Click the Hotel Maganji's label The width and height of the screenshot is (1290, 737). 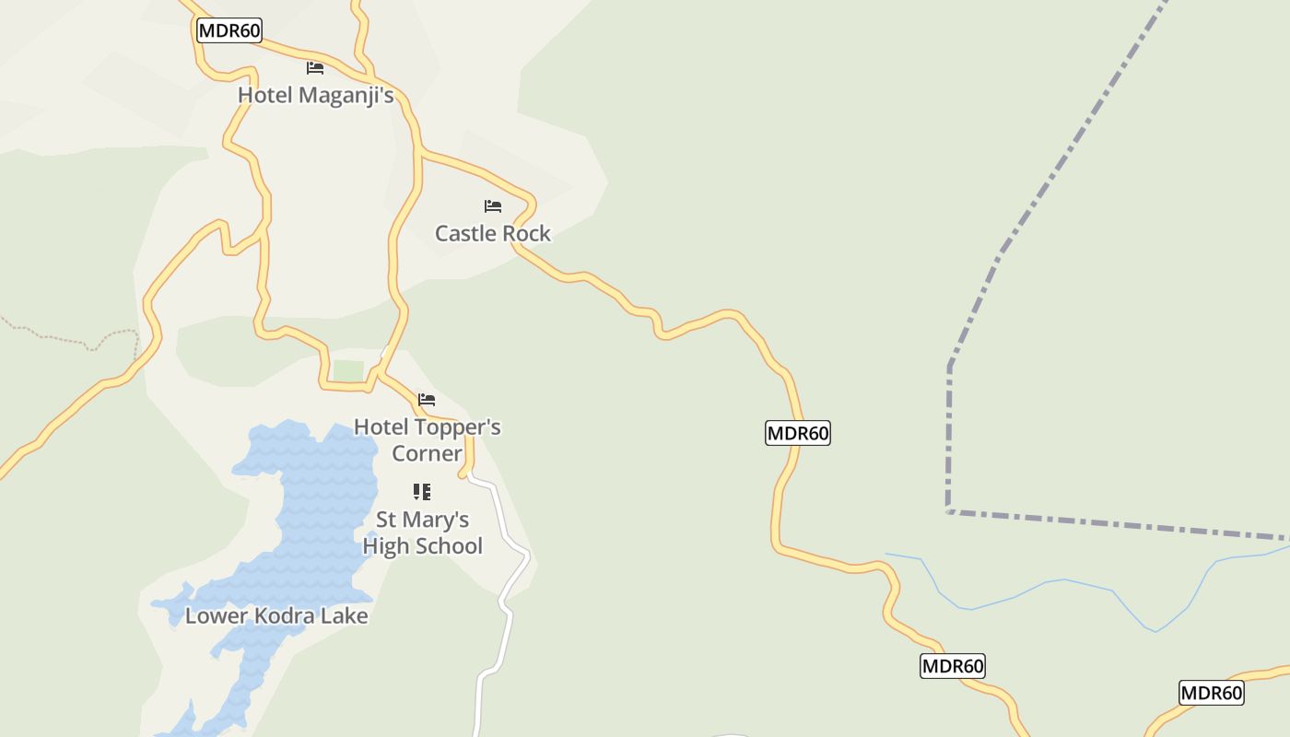[x=315, y=95]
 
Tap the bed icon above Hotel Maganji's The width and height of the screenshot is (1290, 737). [x=315, y=68]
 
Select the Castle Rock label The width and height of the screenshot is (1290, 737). [x=492, y=233]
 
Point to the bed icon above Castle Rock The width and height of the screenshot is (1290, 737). [x=493, y=206]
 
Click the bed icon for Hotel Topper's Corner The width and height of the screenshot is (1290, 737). [x=427, y=400]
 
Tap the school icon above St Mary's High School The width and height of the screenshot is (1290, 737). [x=422, y=492]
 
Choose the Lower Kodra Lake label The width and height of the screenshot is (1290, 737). [x=276, y=615]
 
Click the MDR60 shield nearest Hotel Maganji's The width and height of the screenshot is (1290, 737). [x=229, y=30]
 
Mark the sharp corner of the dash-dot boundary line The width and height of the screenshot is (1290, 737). [x=948, y=510]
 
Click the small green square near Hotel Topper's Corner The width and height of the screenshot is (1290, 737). [x=348, y=370]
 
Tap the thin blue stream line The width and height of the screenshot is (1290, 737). [x=1060, y=581]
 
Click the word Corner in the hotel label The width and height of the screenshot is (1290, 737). [x=427, y=453]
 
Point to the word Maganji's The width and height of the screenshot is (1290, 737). [x=349, y=95]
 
